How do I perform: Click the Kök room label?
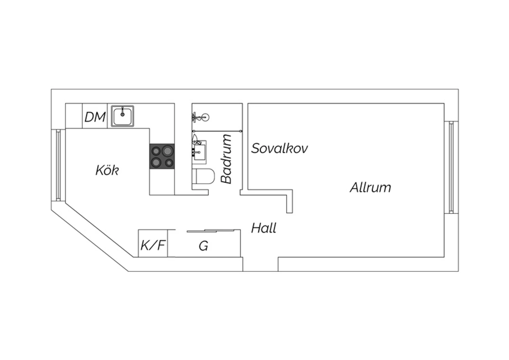point(107,170)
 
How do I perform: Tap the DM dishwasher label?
point(95,117)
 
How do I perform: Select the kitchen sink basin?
point(122,116)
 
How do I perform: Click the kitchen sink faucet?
point(122,112)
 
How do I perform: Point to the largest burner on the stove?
point(167,151)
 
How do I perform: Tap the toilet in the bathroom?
point(203,176)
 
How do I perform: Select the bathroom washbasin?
point(199,152)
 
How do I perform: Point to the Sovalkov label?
point(280,148)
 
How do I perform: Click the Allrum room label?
point(371,187)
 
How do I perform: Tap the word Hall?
point(264,228)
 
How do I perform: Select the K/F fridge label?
point(153,245)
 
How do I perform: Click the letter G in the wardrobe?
point(203,246)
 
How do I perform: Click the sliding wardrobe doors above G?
point(211,231)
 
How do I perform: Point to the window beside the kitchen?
point(58,165)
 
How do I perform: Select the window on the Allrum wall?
point(451,167)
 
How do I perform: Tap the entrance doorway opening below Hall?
point(260,264)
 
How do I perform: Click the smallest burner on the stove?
point(169,163)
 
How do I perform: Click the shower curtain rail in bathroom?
point(217,131)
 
